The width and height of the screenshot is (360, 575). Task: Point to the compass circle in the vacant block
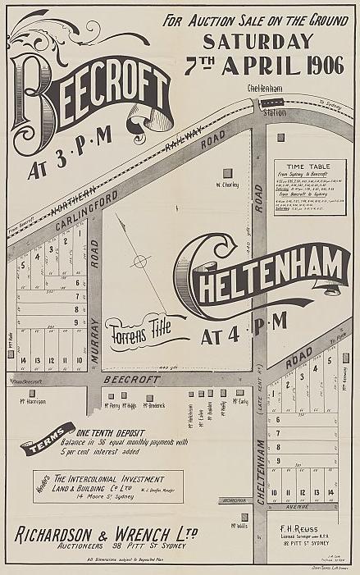(x=141, y=262)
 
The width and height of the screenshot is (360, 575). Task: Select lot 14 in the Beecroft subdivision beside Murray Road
(x=24, y=360)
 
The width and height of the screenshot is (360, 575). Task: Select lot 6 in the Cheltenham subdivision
(x=279, y=419)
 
